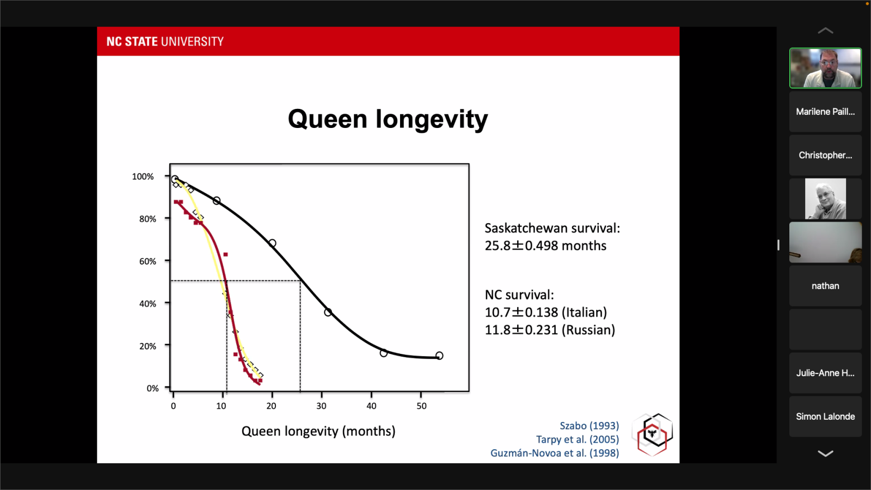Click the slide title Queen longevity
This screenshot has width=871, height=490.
tap(388, 119)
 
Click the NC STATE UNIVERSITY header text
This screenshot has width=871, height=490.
tap(165, 42)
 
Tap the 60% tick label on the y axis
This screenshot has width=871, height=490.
tap(148, 261)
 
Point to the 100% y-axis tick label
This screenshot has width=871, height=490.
tap(143, 176)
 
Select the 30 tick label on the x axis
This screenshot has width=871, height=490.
tap(321, 406)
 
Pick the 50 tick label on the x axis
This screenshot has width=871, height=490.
tap(421, 406)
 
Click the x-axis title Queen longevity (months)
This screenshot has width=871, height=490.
tap(318, 431)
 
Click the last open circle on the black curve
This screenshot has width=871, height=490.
tap(439, 356)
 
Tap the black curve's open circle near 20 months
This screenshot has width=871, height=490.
tap(272, 243)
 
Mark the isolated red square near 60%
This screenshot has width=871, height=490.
tap(225, 254)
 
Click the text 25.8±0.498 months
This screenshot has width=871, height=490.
tap(545, 246)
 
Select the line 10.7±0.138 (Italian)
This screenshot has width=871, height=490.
tap(545, 313)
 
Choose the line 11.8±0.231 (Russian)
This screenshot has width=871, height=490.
tap(550, 330)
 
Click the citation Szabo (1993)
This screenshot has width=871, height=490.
tap(589, 426)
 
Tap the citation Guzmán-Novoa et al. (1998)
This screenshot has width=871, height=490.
tap(554, 453)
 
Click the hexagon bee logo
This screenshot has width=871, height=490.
tap(652, 434)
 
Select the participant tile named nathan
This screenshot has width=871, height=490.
tap(825, 286)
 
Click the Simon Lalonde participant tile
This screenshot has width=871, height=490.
tap(825, 416)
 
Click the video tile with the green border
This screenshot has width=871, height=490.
tap(825, 68)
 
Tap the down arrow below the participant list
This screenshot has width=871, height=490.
tap(825, 454)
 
